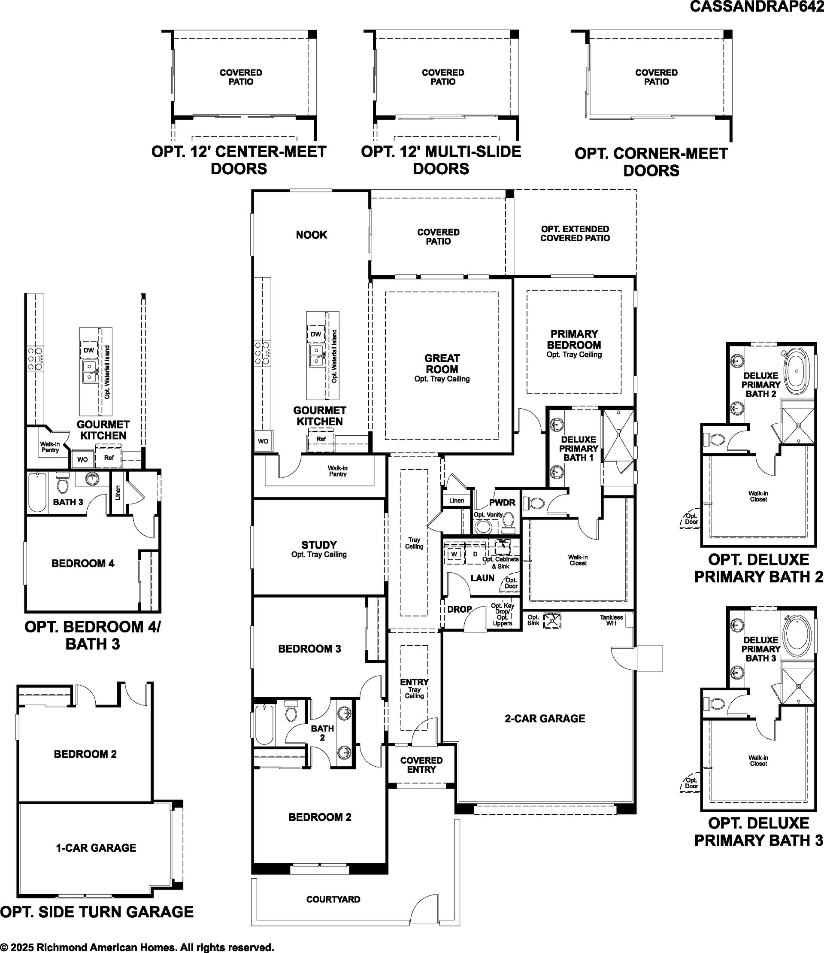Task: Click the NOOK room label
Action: click(x=311, y=235)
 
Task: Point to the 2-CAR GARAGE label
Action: click(x=545, y=719)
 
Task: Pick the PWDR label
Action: click(x=502, y=503)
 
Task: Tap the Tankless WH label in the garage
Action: click(x=611, y=620)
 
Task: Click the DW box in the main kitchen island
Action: click(x=316, y=334)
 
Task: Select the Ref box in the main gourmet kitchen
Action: click(x=321, y=439)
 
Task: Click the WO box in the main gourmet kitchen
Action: click(x=263, y=441)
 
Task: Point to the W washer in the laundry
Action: click(x=454, y=555)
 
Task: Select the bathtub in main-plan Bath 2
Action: click(x=264, y=725)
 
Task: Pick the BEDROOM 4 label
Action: click(x=83, y=563)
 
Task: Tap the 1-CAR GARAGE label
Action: click(x=96, y=848)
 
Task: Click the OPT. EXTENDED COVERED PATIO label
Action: click(x=575, y=234)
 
